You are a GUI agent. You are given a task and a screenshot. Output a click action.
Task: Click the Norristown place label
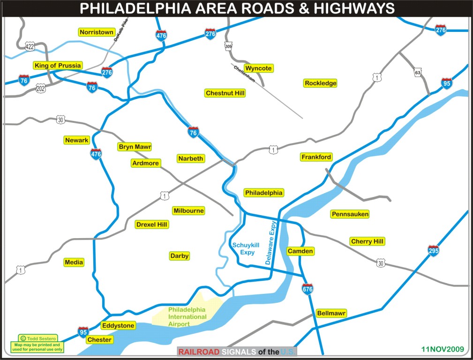click(97, 32)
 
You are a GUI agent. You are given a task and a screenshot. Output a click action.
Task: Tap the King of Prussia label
click(58, 66)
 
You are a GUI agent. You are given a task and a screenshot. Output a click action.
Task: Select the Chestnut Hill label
click(225, 93)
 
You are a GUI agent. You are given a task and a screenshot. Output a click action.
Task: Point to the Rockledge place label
click(321, 83)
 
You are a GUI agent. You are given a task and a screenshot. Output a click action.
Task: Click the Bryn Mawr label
click(135, 147)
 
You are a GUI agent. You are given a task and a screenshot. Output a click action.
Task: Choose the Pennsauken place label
click(350, 214)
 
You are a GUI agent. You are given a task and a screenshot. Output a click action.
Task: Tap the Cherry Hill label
click(367, 241)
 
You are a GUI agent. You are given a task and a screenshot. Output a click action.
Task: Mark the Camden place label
click(300, 251)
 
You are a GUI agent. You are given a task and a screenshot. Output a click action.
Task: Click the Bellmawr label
click(331, 313)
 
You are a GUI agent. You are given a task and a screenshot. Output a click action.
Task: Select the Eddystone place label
click(118, 325)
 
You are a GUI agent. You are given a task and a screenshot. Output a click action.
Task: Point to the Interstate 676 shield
click(308, 289)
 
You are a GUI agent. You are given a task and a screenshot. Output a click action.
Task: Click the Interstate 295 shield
click(434, 251)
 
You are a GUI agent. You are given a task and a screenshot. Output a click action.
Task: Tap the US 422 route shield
click(30, 46)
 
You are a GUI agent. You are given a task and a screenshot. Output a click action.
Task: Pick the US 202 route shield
click(40, 88)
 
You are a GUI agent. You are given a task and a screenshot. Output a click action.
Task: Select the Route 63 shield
click(418, 73)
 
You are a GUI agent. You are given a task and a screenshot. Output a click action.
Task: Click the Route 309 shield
click(228, 46)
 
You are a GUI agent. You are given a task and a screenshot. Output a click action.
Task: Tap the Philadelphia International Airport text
click(187, 317)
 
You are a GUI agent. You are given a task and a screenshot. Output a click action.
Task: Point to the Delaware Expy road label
click(271, 243)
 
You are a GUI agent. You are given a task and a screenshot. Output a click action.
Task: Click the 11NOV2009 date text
click(442, 349)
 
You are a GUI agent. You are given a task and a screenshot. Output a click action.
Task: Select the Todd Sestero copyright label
click(38, 338)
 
